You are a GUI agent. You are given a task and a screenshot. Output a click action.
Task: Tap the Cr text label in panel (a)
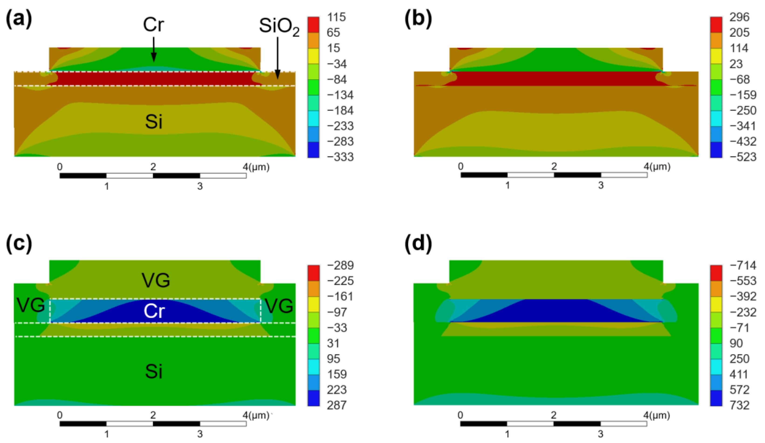[x=154, y=25]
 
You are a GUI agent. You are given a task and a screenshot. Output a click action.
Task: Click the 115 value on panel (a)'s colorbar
[x=336, y=17]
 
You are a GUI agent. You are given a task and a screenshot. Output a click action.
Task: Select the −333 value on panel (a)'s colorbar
[x=340, y=157]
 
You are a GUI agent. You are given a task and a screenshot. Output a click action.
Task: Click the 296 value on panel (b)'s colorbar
[x=740, y=17]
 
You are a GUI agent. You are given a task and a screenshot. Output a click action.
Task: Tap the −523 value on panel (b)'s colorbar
[x=743, y=157]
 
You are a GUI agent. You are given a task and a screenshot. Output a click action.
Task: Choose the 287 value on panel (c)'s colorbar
[x=336, y=405]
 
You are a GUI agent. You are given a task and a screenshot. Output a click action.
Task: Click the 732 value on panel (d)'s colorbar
[x=740, y=405]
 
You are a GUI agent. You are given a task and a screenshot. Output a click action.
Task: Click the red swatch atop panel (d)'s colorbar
[x=716, y=273]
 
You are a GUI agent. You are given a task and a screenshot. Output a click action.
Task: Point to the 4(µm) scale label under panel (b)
[x=657, y=166]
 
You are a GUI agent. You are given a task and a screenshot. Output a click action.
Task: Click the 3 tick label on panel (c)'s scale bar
[x=200, y=434]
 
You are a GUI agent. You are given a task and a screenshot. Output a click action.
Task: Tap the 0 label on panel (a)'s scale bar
[x=60, y=166]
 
